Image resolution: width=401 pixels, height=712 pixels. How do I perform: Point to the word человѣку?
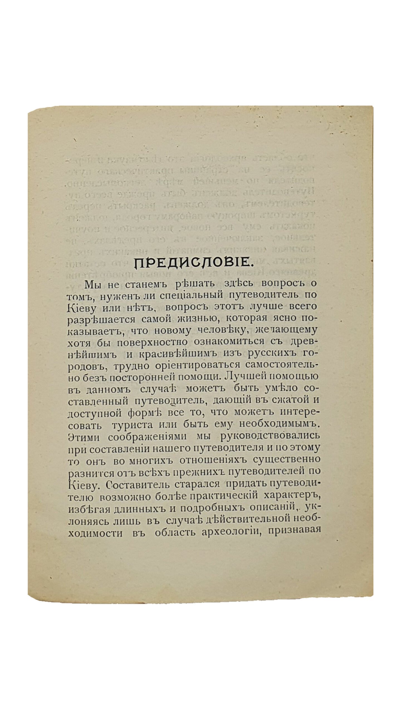[x=220, y=330]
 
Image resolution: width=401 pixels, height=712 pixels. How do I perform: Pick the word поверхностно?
[x=152, y=342]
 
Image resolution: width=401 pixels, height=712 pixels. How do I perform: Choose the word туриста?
[x=132, y=425]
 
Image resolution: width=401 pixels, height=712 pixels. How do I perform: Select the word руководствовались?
[x=270, y=436]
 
